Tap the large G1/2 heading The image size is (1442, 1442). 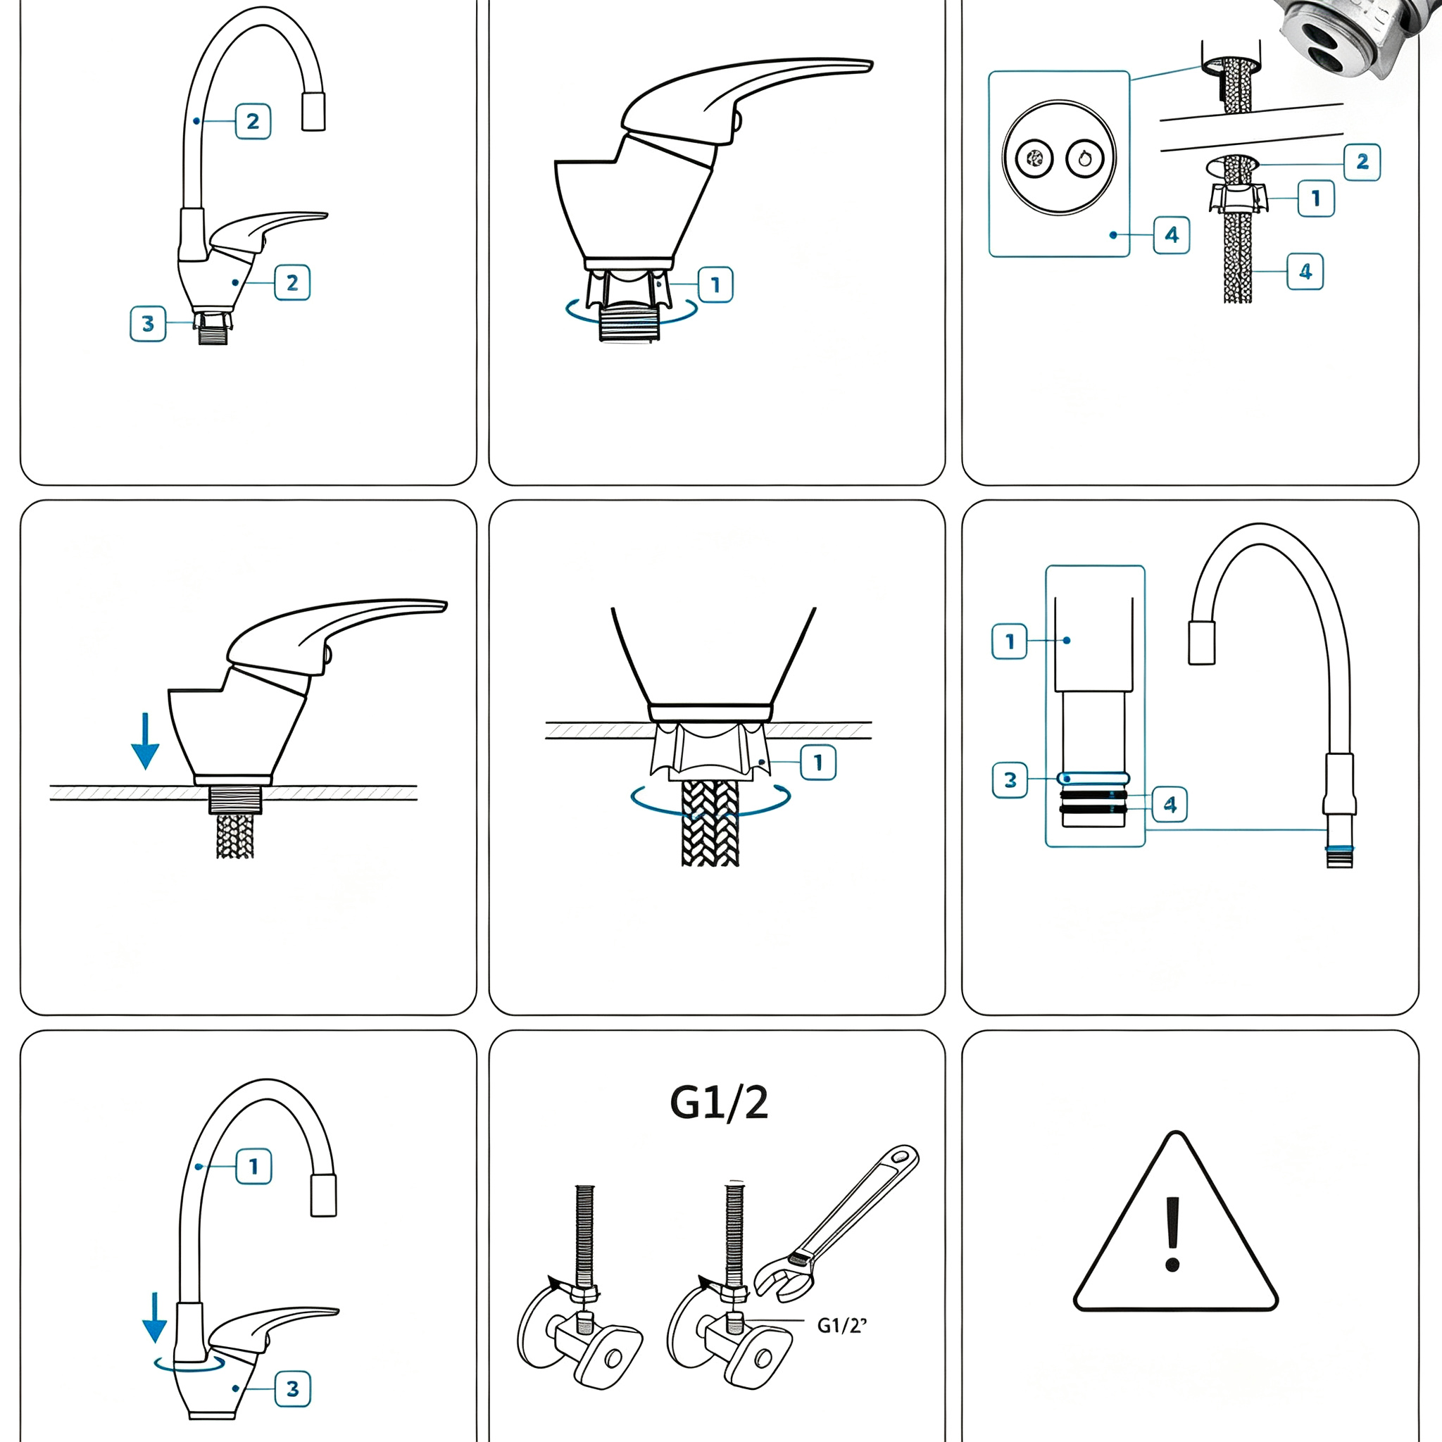719,1103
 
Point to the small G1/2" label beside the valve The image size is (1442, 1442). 842,1325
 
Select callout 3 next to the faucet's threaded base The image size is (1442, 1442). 148,323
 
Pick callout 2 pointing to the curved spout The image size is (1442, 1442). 253,121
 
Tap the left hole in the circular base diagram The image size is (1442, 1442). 1034,158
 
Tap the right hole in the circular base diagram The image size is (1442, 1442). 1084,158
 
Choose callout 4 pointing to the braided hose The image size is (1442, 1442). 1305,271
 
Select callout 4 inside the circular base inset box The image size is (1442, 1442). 1172,235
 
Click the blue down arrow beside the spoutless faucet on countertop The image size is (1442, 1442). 145,741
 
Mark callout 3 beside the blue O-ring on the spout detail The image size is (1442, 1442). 1010,780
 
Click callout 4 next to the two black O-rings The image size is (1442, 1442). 1170,804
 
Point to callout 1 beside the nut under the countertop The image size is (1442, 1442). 818,762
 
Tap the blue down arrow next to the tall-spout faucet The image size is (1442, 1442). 154,1317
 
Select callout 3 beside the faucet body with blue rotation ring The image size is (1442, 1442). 293,1388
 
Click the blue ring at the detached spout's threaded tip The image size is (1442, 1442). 1340,848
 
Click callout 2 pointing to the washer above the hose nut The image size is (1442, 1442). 1362,162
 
